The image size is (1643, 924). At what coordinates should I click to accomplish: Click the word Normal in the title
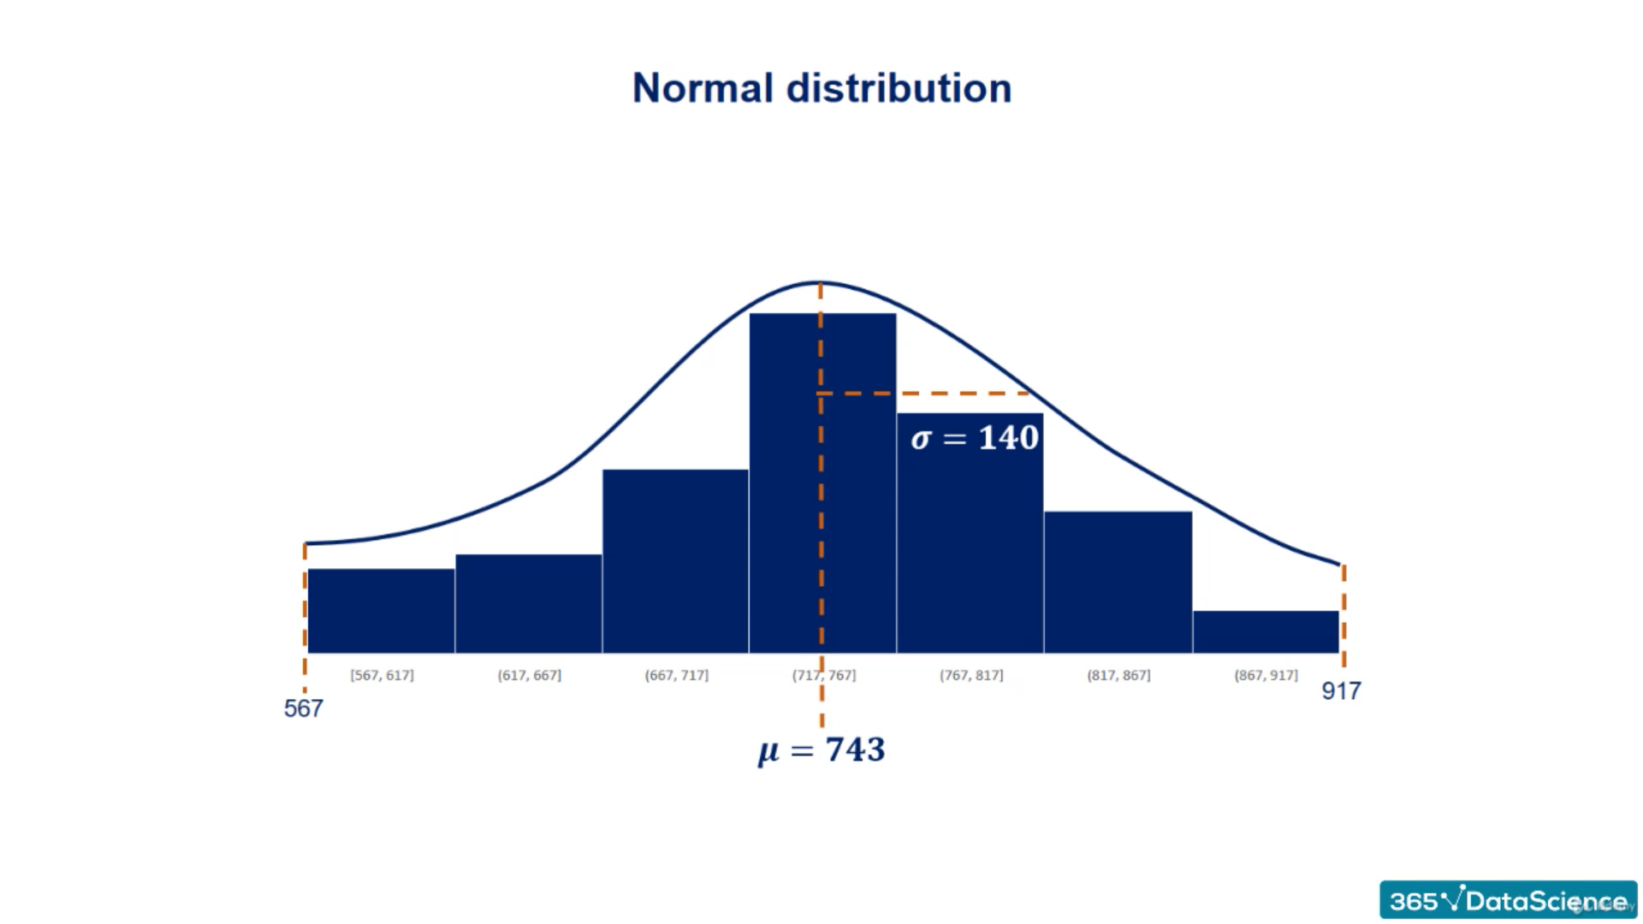click(703, 88)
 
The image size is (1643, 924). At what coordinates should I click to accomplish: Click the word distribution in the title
click(899, 88)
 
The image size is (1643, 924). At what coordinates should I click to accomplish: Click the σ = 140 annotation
click(975, 438)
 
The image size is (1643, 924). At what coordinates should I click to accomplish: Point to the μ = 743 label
click(821, 750)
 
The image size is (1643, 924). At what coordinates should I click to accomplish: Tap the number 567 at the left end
click(304, 708)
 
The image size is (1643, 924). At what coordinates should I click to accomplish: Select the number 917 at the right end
click(1341, 690)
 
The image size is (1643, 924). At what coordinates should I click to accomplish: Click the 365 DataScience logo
click(1508, 900)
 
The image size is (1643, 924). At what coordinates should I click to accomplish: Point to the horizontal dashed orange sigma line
click(924, 394)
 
